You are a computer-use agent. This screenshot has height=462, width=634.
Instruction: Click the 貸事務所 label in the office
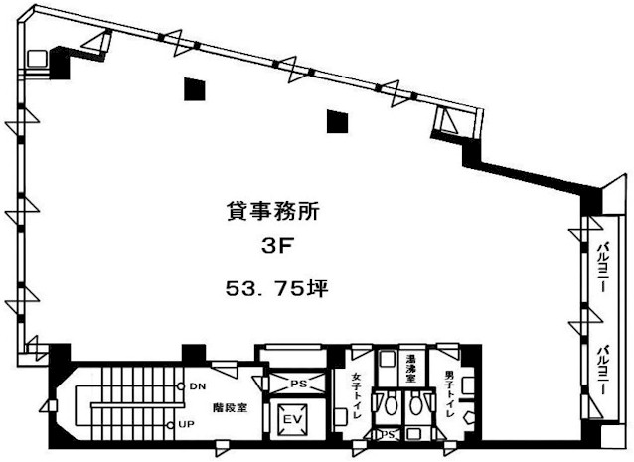(272, 211)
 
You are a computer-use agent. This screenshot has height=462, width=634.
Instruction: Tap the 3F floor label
(276, 247)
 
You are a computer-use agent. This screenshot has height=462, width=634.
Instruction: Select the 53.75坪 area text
(276, 288)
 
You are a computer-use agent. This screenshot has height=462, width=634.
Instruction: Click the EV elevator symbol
(293, 419)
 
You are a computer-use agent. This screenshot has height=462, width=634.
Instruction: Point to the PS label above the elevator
(298, 384)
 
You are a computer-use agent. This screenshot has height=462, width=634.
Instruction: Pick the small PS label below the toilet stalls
(388, 435)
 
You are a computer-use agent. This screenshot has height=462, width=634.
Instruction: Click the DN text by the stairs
(198, 386)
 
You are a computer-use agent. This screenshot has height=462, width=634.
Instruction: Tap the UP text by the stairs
(187, 425)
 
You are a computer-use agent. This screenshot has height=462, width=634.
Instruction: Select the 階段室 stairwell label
(231, 408)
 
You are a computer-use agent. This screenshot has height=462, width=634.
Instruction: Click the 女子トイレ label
(356, 395)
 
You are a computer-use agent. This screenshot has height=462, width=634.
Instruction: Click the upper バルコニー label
(605, 267)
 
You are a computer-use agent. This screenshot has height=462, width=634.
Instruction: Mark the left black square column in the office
(194, 89)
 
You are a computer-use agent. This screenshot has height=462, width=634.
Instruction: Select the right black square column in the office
(337, 121)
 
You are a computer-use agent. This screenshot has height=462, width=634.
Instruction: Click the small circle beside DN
(181, 386)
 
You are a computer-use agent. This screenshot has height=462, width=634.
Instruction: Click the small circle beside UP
(170, 425)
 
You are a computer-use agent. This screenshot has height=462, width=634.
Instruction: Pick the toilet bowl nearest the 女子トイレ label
(390, 404)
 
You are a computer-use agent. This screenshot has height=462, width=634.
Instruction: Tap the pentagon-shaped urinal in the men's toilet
(469, 417)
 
